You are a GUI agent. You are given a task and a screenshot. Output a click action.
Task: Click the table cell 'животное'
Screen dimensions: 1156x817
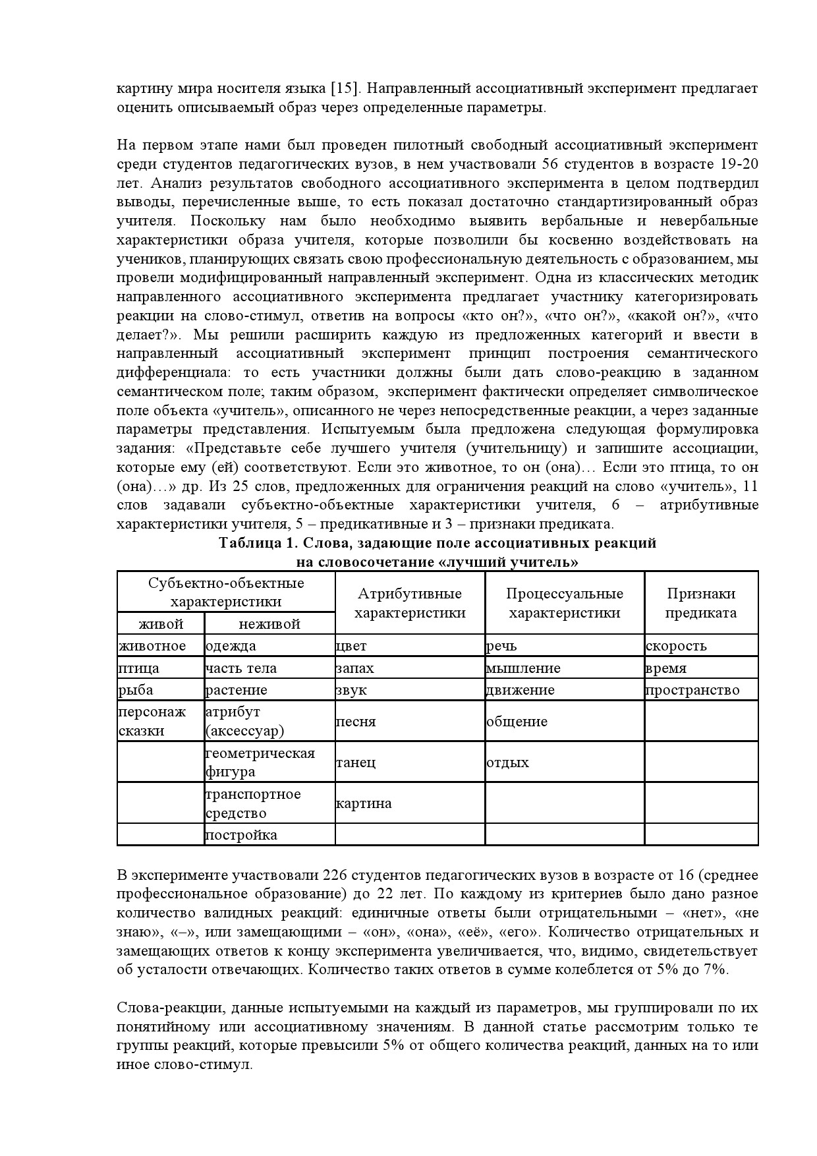[152, 646]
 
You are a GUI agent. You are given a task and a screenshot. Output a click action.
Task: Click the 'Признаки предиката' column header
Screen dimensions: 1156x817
[701, 603]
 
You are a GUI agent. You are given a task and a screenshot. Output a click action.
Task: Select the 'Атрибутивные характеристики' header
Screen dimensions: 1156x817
[410, 603]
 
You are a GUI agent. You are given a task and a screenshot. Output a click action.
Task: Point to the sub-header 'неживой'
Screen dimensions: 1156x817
[269, 624]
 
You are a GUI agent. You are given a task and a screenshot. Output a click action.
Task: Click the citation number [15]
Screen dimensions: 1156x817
[343, 88]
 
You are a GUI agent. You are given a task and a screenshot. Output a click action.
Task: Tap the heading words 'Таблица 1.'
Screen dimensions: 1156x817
[256, 544]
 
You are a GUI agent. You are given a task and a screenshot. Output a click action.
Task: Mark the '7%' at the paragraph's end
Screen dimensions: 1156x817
[716, 969]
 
